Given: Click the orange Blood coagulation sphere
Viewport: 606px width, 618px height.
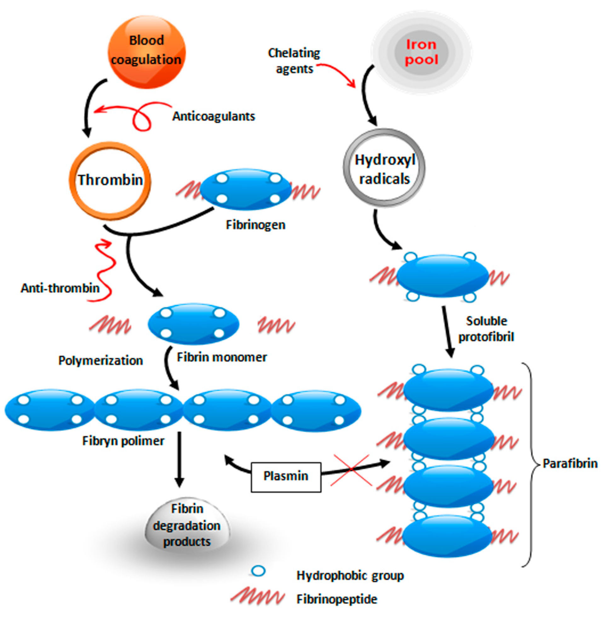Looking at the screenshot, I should (146, 52).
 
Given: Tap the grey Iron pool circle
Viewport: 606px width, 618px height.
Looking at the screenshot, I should (421, 52).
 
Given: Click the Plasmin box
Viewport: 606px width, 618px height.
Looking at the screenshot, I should (285, 476).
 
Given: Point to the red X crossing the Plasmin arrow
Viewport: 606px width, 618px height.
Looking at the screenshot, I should (351, 469).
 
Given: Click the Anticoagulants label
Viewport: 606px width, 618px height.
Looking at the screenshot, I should (214, 116).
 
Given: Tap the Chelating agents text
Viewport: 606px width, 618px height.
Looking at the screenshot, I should (294, 61).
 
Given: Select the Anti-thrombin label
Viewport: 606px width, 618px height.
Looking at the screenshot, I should (60, 288).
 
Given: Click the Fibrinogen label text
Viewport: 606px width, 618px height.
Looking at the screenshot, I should (255, 225).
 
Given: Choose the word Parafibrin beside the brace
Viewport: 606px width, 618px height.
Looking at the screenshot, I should (570, 463).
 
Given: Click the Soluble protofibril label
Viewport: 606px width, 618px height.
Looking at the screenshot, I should (486, 329).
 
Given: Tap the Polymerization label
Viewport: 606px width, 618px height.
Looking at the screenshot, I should (100, 361).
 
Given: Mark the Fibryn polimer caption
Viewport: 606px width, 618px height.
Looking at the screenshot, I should (123, 441).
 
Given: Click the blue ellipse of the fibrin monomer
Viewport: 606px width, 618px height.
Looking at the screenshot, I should (193, 324).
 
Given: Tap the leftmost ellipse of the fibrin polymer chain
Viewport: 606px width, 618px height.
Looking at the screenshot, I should (50, 410).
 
